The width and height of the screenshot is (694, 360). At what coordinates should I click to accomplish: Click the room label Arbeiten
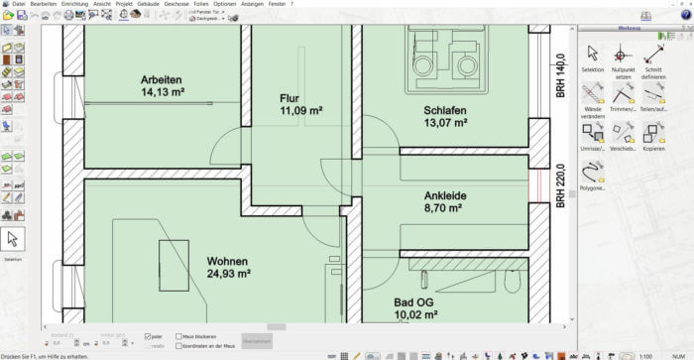[x=160, y=79]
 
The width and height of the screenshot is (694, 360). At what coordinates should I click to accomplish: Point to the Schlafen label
[x=444, y=110]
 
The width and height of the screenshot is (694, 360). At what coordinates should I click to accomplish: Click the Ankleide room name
[x=444, y=196]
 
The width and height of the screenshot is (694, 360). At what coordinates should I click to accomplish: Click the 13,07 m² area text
[x=444, y=124]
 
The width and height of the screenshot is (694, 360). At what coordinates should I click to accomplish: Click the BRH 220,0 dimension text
[x=560, y=184]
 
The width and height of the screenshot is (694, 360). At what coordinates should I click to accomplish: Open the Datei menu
[x=19, y=4]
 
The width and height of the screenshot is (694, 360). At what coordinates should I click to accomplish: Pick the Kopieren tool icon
[x=653, y=132]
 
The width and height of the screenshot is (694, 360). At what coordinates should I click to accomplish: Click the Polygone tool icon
[x=592, y=170]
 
